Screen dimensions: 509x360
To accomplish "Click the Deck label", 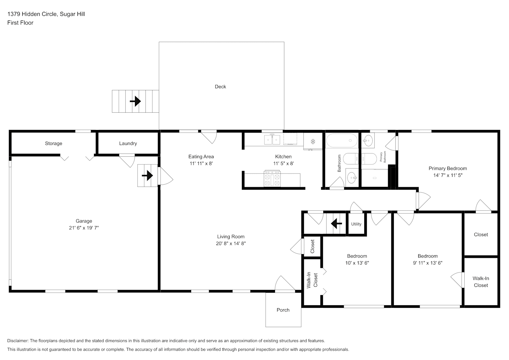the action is click(x=220, y=87).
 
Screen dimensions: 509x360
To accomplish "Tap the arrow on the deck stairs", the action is click(x=135, y=101).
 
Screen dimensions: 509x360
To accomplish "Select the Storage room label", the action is click(x=53, y=143).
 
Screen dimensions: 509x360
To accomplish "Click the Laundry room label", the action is click(x=128, y=143).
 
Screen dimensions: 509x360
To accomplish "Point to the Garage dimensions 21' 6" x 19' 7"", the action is click(x=84, y=228).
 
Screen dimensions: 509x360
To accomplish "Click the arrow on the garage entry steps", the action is click(x=147, y=175).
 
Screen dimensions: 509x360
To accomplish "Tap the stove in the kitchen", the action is click(x=272, y=179).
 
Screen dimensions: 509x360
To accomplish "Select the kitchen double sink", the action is click(x=272, y=139).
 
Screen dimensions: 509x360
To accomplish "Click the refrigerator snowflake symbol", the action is click(x=313, y=141).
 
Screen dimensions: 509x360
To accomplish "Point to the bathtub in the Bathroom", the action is click(x=342, y=140).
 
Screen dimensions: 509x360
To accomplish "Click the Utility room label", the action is click(x=356, y=224).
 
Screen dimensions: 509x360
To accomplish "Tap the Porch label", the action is click(x=283, y=310).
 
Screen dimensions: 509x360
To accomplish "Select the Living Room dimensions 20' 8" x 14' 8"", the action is click(x=231, y=243).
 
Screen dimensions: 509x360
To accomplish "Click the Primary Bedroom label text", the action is click(x=448, y=168).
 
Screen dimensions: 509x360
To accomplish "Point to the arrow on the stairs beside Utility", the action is click(x=337, y=224).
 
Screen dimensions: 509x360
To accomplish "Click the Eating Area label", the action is click(x=201, y=157).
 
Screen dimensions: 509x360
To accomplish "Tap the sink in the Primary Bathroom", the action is click(x=368, y=140).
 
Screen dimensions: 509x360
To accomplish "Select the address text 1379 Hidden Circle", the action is click(x=32, y=14).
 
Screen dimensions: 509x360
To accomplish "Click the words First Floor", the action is click(x=20, y=23).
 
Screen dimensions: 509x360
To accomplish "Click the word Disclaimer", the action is click(x=18, y=341).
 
